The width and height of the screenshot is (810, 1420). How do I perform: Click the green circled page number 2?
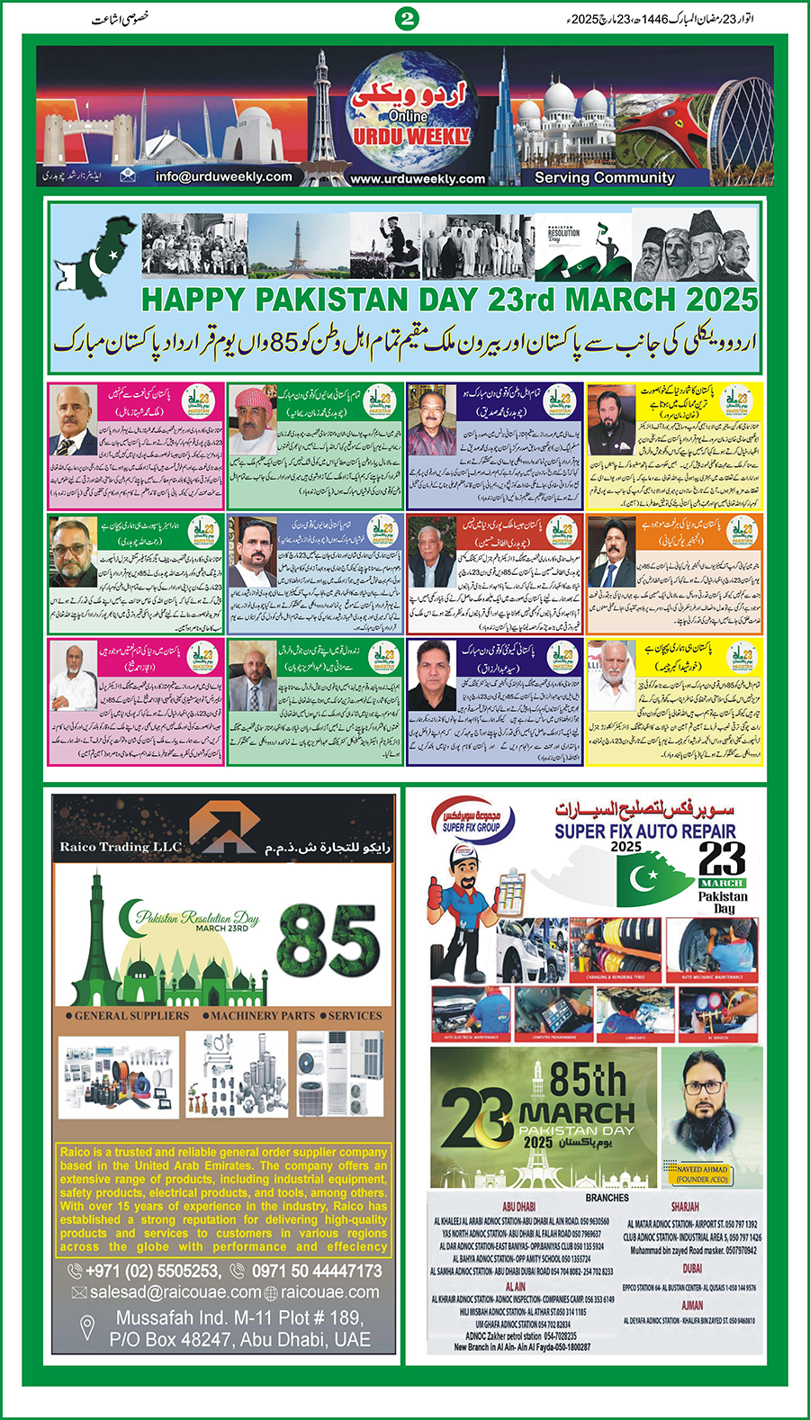click(408, 18)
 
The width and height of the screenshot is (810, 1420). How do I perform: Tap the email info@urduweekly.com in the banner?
click(223, 177)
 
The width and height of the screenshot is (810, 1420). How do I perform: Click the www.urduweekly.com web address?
click(418, 179)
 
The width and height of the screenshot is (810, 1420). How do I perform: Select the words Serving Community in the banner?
click(604, 178)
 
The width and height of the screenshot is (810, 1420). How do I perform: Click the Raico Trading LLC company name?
click(121, 847)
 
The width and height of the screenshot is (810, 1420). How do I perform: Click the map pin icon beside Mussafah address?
click(87, 1327)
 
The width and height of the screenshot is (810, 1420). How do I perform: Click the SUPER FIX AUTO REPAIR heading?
click(644, 831)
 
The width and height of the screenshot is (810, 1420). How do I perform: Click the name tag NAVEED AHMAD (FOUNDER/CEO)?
click(703, 1174)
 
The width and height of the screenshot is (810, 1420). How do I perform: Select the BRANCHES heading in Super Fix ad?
click(607, 1198)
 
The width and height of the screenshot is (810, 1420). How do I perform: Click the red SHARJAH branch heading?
click(684, 1207)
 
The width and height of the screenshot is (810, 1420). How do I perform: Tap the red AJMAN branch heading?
click(692, 1305)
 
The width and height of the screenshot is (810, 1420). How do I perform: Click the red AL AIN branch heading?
click(516, 1288)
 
